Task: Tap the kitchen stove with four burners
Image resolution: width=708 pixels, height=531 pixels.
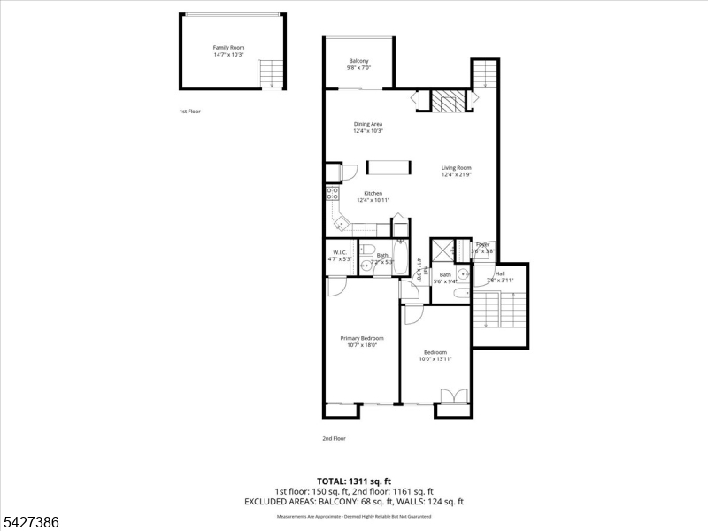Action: [x=333, y=195]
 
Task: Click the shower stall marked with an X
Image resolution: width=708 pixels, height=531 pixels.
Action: [x=442, y=250]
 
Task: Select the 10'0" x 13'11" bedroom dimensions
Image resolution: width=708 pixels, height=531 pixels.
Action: [x=435, y=358]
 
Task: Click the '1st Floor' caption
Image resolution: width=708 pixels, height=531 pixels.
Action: [x=189, y=112]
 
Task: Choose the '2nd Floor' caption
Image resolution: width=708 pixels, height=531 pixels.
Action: [x=334, y=438]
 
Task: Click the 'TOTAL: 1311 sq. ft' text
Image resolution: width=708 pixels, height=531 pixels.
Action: [x=354, y=481]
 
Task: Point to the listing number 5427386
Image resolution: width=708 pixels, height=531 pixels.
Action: [x=30, y=523]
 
